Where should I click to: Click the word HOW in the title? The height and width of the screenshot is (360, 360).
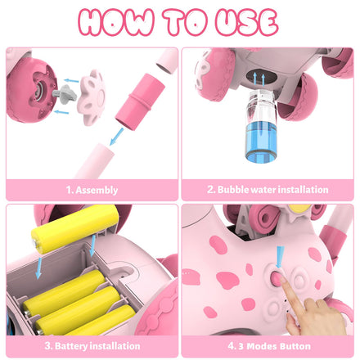116,22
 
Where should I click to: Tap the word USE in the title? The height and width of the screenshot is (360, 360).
246,22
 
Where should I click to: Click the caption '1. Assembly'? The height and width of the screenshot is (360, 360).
92,190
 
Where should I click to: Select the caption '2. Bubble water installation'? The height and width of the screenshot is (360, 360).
268,189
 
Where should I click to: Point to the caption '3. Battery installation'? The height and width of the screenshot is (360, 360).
92,346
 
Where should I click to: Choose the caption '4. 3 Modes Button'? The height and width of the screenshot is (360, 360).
269,346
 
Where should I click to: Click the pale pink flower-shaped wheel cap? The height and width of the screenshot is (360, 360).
92,97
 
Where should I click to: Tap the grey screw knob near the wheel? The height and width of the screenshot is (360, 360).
65,93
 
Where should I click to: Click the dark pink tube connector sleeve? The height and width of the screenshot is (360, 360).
140,101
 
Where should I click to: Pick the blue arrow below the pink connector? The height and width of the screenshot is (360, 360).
117,137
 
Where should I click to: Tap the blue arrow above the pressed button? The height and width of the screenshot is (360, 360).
280,257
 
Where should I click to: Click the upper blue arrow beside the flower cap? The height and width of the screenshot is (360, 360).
71,80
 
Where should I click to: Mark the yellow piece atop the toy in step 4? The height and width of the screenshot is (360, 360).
300,209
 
